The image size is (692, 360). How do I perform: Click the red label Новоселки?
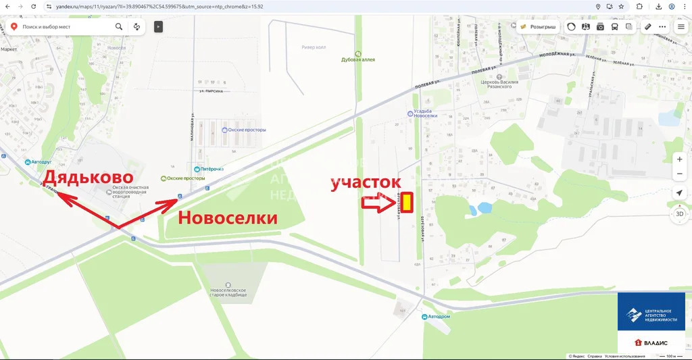coord(228,217)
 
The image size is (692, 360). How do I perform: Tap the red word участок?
coord(366,182)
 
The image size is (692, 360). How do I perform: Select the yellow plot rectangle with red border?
coord(408,201)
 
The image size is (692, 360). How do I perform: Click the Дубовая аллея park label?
coord(358,59)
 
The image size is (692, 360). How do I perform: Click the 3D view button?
coord(680,215)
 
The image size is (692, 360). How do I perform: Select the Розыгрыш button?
coord(539,27)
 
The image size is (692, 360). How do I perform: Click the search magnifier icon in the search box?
coord(119,27)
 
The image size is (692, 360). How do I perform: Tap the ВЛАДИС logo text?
coord(652,343)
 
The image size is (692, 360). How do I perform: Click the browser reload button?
coord(34,6)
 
